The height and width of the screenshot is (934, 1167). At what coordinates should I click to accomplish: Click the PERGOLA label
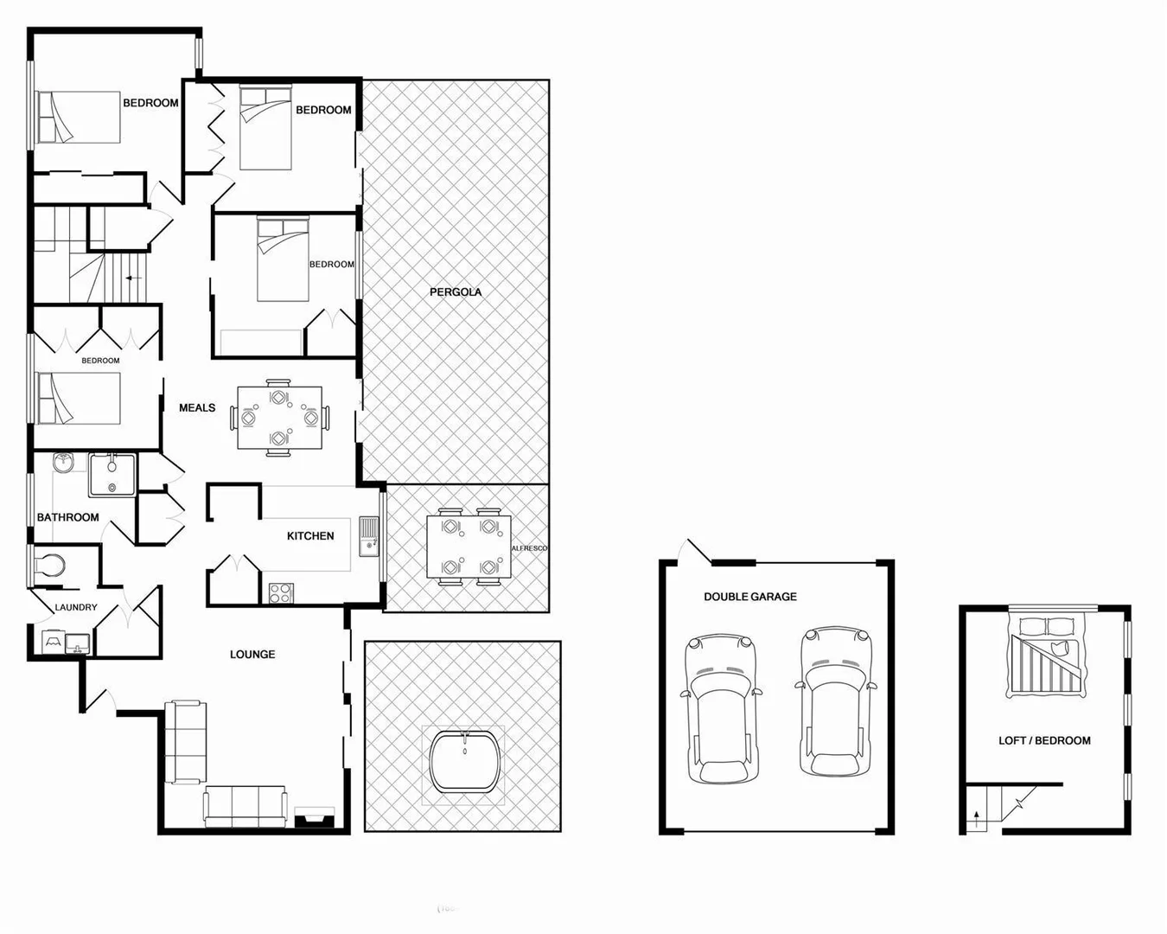point(456,292)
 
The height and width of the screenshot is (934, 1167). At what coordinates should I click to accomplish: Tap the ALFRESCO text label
point(530,548)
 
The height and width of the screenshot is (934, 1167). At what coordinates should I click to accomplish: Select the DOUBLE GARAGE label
point(749,597)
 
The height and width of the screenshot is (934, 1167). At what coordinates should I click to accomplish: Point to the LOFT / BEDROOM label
point(1044,741)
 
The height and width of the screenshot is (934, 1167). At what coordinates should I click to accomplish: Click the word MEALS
point(197,408)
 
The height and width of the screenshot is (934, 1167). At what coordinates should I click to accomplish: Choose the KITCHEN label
point(310,536)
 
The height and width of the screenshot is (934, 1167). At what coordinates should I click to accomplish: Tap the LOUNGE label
point(252,655)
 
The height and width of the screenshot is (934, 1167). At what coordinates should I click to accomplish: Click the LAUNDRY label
point(76,608)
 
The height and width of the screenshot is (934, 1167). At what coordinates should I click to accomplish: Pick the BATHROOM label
point(67,518)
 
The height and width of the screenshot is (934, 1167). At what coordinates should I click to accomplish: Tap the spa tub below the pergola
point(464,761)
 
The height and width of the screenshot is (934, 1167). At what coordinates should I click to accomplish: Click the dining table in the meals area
point(279,418)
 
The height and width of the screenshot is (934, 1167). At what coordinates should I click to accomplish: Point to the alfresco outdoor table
point(469,547)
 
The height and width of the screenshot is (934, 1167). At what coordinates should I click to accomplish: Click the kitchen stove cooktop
point(281,593)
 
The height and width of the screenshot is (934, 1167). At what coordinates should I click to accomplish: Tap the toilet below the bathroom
point(48,566)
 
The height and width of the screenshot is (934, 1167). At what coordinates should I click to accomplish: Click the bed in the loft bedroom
point(1045,655)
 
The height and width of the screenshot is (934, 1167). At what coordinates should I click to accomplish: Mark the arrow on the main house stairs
point(132,278)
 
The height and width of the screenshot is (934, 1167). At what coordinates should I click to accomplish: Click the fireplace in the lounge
point(314,817)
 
